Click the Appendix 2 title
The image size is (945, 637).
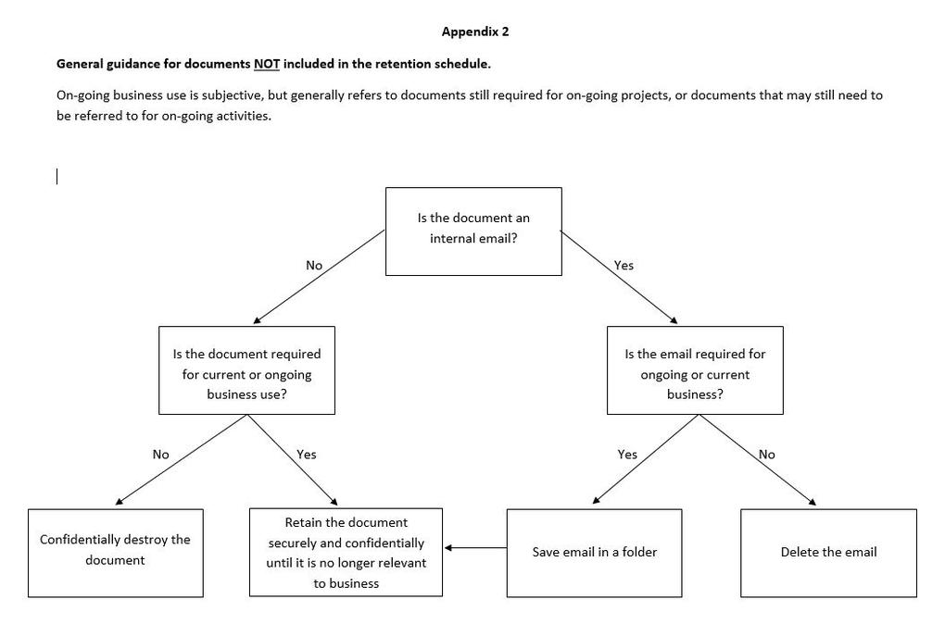(x=475, y=31)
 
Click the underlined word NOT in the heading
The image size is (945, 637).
(x=267, y=64)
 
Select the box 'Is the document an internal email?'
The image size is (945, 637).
(x=473, y=231)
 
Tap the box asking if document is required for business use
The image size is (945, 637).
(x=246, y=370)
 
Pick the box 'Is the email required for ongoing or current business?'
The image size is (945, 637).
(x=695, y=370)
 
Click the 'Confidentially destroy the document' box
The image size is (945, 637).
(x=115, y=553)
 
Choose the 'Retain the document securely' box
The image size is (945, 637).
(x=346, y=552)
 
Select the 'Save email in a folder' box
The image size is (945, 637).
(x=594, y=553)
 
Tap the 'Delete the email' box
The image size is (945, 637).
(x=828, y=553)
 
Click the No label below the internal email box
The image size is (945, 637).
(x=314, y=266)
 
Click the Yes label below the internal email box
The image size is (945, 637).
(x=624, y=266)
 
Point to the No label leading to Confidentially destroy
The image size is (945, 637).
(x=161, y=455)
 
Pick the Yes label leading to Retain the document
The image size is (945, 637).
(x=306, y=455)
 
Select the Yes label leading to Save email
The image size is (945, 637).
(x=627, y=455)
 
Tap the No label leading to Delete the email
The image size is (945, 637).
(x=766, y=455)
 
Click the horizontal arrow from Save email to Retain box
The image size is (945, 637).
(x=475, y=548)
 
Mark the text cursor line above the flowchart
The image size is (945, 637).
(x=57, y=177)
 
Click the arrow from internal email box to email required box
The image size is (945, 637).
(x=619, y=277)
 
